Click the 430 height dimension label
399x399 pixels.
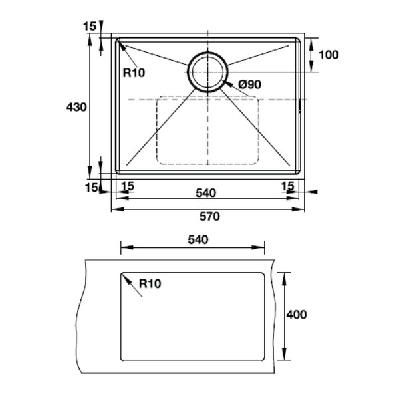76,106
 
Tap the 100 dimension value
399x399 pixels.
329,55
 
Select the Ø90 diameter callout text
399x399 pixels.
249,84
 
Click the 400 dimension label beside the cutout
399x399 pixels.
296,315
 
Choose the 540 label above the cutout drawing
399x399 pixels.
198,239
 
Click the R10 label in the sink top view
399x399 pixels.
134,73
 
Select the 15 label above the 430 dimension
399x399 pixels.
89,26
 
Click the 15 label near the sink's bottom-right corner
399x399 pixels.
287,186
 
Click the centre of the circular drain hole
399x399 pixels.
208,71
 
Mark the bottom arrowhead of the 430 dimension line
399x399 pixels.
90,171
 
